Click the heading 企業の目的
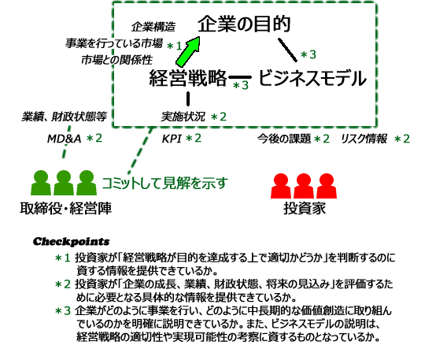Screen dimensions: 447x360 tap(244, 24)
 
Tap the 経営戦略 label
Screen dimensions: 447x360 tap(188, 77)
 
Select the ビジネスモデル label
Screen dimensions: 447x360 tap(312, 78)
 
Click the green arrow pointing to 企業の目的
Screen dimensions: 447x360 tap(187, 51)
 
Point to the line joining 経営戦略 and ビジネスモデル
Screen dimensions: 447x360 tap(240, 77)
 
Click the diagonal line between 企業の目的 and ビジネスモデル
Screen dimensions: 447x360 tap(287, 50)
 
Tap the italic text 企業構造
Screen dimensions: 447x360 tap(153, 27)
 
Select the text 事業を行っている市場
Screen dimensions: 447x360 tap(114, 43)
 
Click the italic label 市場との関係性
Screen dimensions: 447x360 tap(117, 60)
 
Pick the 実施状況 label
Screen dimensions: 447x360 tap(183, 117)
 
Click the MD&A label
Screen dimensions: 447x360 tap(65, 139)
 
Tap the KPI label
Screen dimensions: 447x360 tap(172, 139)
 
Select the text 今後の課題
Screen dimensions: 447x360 tap(284, 139)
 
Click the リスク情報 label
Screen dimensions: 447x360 tap(364, 139)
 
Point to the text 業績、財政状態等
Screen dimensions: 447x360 tap(65, 117)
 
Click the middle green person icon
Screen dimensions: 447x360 tap(64, 183)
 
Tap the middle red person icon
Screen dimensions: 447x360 tap(304, 186)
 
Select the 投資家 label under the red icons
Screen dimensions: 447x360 tap(305, 209)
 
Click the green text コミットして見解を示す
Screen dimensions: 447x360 tap(164, 183)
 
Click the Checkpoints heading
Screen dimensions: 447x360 tap(72, 242)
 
